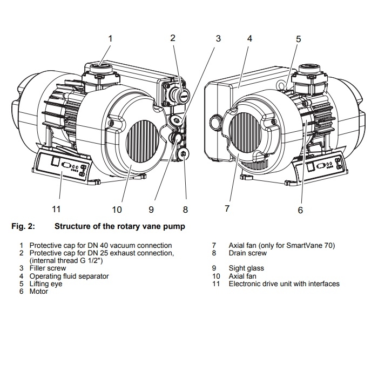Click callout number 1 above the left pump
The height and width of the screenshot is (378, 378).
110,38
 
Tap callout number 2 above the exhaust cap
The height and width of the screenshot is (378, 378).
173,38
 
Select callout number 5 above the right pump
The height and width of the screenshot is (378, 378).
299,39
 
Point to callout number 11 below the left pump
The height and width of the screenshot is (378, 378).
56,209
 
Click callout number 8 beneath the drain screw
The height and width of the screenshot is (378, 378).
185,210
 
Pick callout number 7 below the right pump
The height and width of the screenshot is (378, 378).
227,208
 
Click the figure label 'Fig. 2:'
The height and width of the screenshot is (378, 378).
23,226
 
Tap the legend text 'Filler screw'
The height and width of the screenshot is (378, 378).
48,268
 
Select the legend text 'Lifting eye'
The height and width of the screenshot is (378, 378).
46,283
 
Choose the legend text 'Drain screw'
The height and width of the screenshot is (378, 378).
247,253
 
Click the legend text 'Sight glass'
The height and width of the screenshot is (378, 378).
246,268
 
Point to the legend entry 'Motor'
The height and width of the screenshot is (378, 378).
38,292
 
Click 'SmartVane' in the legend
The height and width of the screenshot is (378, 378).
306,245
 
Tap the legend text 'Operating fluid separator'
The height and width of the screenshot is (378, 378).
69,276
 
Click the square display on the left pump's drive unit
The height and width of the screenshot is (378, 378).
55,161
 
